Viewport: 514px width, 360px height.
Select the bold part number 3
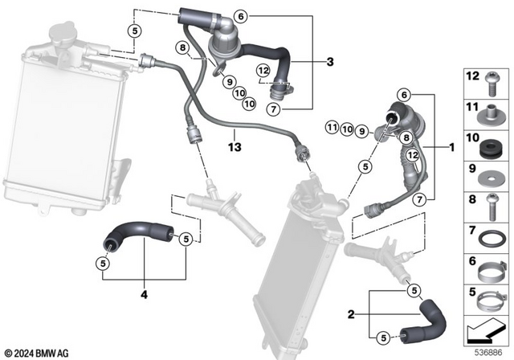(x=329, y=62)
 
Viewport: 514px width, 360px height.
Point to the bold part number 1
(x=451, y=148)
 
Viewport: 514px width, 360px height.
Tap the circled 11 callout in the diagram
(x=331, y=128)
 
